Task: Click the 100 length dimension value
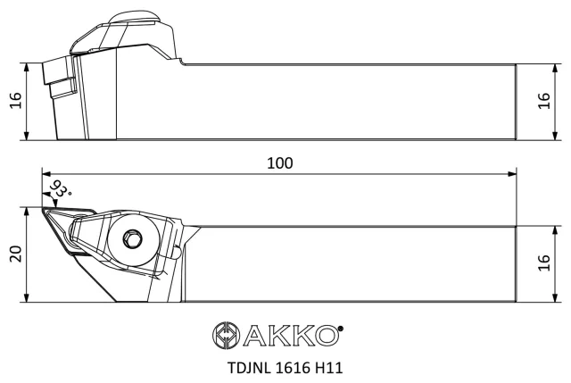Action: coord(279,162)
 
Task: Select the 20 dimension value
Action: coord(16,254)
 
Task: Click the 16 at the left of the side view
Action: coord(16,101)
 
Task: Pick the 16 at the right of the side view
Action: coord(543,101)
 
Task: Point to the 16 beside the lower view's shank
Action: coord(543,262)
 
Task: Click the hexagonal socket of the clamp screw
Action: coord(132,239)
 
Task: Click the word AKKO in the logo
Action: coord(290,336)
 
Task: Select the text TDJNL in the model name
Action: coord(249,368)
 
